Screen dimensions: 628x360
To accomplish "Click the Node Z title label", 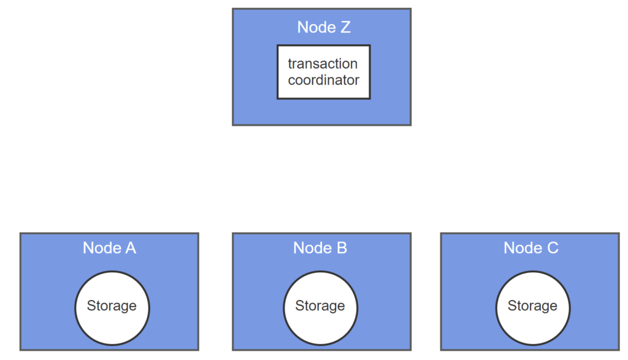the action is (324, 27).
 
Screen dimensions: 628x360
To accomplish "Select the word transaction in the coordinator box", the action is (323, 64).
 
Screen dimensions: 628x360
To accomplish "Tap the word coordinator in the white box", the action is (324, 80).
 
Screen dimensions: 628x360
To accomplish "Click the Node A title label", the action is (109, 248).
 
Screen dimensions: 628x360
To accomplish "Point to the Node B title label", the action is (320, 248).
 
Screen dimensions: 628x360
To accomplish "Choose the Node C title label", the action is (530, 248).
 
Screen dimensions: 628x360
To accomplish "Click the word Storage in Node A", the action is (112, 306).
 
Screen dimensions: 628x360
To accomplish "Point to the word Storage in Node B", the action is (320, 306).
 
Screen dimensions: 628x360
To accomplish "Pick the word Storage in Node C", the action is (532, 306).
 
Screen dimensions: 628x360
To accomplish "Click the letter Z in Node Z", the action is (345, 27).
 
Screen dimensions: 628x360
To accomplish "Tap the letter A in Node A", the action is (131, 248).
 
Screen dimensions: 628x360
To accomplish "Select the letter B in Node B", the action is (342, 248).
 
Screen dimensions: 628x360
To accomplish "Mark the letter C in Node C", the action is (553, 248).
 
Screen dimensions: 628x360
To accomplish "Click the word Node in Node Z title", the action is (316, 27).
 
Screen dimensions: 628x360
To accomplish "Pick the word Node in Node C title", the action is (523, 248).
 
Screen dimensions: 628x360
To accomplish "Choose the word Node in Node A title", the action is (102, 248).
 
